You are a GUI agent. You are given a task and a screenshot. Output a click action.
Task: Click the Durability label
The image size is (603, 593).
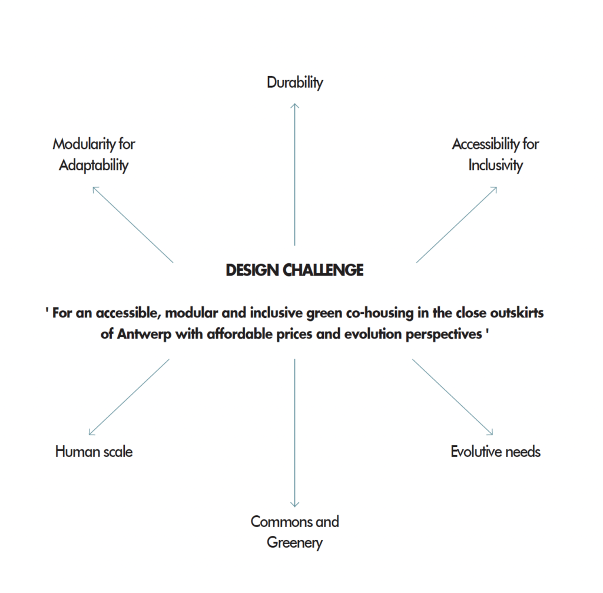[x=295, y=82]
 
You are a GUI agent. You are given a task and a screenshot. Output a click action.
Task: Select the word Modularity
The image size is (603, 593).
[x=84, y=144]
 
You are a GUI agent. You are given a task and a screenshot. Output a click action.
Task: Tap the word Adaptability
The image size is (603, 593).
[x=94, y=165]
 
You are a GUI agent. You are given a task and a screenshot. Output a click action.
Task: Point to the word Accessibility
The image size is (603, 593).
[x=485, y=144]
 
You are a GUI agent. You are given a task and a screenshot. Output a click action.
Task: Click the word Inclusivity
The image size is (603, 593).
[x=496, y=165]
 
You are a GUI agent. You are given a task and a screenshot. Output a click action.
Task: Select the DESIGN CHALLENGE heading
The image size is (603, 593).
[x=294, y=270]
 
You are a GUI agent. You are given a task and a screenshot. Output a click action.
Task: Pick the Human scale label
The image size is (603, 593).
[x=94, y=452]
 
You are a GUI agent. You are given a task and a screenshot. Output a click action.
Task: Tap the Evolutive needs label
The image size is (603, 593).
[x=496, y=452]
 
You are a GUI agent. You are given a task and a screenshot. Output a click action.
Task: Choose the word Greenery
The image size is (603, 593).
[x=294, y=542]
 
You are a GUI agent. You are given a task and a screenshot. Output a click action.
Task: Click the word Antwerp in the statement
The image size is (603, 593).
[x=144, y=334]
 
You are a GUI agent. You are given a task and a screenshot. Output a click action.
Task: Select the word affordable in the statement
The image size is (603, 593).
[x=240, y=334]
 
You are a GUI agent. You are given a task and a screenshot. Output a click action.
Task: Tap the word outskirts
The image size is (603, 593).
[x=517, y=313]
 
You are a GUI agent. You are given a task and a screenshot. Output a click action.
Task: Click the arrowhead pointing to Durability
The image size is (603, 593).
[x=295, y=105]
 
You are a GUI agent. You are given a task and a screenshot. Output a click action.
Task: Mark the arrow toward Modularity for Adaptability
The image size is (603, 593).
[x=133, y=224]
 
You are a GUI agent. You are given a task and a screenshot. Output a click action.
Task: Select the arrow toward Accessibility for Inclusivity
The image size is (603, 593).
[x=456, y=224]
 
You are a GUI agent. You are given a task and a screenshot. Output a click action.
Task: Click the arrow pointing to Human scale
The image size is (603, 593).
[x=129, y=397]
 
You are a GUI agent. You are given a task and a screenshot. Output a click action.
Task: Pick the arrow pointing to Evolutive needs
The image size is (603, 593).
[x=453, y=397]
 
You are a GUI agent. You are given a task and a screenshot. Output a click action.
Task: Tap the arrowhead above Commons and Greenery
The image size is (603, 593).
[x=294, y=505]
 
